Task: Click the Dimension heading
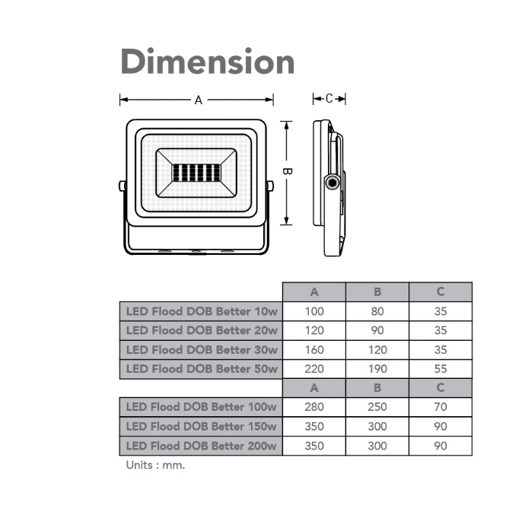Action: (208, 61)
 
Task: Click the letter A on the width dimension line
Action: (199, 100)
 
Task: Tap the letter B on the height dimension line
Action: (287, 171)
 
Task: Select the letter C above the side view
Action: (329, 99)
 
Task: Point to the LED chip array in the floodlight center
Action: (196, 173)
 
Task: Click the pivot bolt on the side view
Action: (332, 183)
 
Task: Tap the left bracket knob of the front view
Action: (122, 186)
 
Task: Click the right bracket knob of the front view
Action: (270, 186)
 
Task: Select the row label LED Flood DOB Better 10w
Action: (202, 311)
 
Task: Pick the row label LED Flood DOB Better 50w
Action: (202, 369)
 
